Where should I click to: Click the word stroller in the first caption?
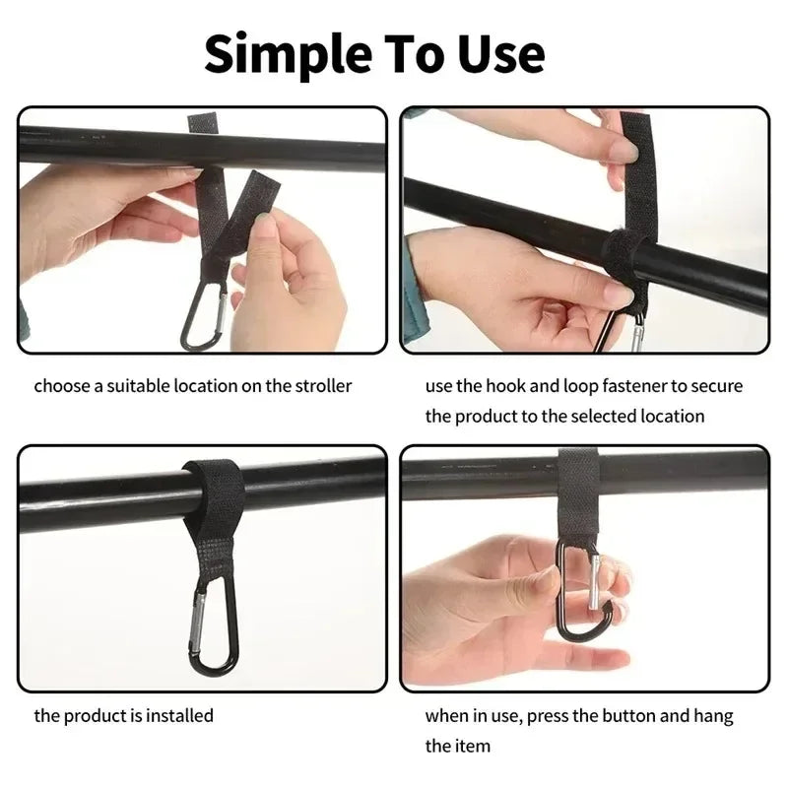320,385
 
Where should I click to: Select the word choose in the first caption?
61,385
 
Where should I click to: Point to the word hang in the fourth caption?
712,715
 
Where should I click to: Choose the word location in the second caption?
673,416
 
